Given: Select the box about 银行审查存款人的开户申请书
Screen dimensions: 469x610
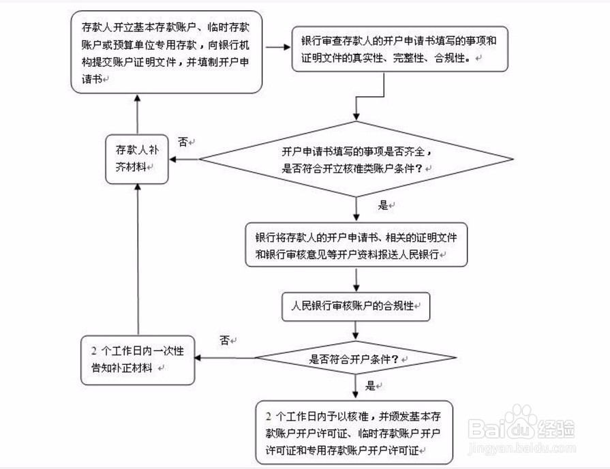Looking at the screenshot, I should pyautogui.click(x=400, y=49).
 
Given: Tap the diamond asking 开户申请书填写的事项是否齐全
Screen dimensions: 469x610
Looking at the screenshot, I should pyautogui.click(x=356, y=160).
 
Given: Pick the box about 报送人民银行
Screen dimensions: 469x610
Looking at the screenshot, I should pyautogui.click(x=356, y=245).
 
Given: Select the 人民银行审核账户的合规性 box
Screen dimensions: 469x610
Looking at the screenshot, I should pyautogui.click(x=356, y=306).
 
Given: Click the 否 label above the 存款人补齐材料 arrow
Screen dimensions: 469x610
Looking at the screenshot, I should pyautogui.click(x=183, y=142).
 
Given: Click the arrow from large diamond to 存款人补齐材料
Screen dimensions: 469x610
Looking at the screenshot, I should pyautogui.click(x=184, y=160).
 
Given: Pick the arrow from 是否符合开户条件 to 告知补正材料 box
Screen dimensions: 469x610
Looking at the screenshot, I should pyautogui.click(x=225, y=357).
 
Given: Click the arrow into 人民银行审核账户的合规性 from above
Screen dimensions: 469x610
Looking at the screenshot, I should pyautogui.click(x=356, y=279).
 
